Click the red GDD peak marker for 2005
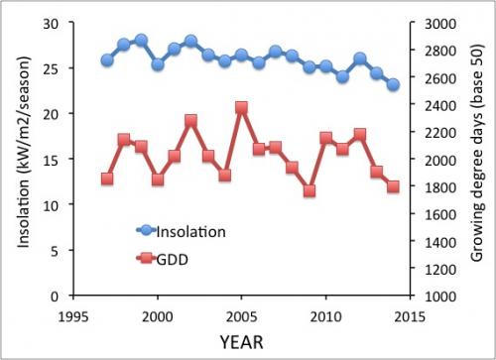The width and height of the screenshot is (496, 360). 242,107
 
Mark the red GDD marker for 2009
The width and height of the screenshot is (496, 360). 310,190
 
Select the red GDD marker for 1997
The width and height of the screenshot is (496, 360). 107,179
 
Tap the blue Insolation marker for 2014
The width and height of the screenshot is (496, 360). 394,84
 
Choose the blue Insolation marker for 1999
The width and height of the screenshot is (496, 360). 141,41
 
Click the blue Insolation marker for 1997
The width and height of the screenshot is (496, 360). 107,60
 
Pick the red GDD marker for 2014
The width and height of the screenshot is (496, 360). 394,186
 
